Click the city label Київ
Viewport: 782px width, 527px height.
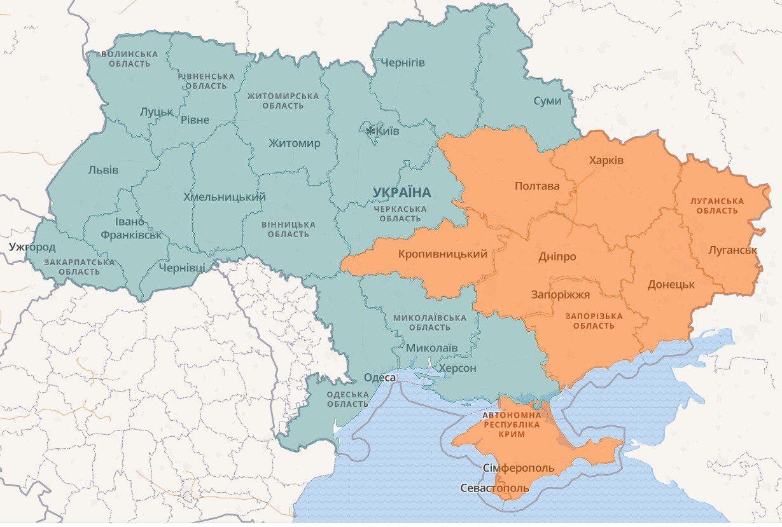388,132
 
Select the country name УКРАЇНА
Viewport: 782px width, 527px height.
401,192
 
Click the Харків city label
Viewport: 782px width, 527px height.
606,160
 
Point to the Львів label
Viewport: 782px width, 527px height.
103,170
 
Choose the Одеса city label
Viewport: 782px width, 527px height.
380,378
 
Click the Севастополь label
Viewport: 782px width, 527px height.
494,488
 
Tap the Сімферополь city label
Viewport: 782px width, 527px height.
519,469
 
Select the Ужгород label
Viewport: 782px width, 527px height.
32,247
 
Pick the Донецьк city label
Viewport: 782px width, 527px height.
671,284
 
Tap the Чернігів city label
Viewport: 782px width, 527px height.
402,62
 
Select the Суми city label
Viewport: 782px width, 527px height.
547,101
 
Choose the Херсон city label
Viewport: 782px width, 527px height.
454,368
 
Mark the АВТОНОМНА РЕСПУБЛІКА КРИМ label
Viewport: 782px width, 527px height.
512,424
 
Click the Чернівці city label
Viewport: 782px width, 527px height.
182,268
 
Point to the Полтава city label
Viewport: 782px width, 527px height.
537,186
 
